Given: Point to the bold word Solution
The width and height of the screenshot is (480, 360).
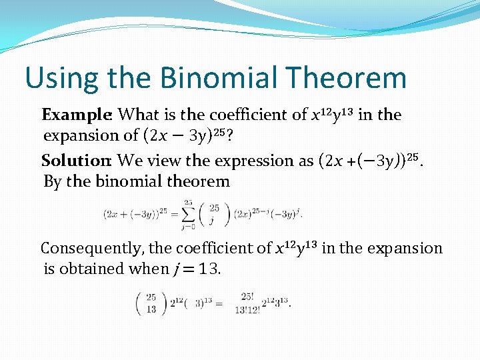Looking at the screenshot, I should (x=77, y=161).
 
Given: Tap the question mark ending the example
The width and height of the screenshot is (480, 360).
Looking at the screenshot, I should (x=229, y=135).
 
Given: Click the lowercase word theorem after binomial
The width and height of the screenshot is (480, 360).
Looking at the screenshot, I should (x=199, y=181).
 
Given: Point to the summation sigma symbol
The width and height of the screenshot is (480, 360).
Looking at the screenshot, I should (x=189, y=213).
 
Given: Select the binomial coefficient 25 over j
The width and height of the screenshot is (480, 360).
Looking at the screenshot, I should (x=213, y=213).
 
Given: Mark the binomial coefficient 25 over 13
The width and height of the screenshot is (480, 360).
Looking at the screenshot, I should (x=151, y=303).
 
